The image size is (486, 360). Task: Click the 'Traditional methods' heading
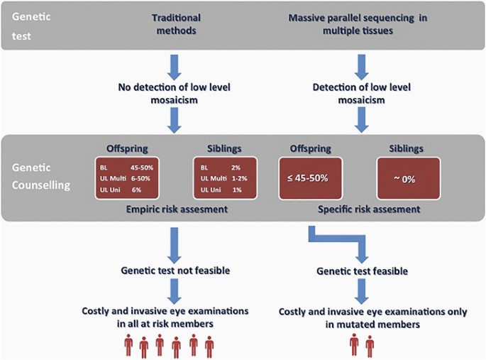[175, 23]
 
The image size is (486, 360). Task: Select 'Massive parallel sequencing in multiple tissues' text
[362, 23]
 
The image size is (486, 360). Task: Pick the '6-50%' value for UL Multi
[143, 178]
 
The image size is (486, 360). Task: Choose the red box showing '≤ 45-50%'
[309, 178]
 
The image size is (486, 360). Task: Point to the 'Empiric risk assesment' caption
[175, 210]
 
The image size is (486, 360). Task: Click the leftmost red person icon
[129, 346]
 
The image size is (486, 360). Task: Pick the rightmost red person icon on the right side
[370, 346]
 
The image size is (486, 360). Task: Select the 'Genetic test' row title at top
[28, 23]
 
